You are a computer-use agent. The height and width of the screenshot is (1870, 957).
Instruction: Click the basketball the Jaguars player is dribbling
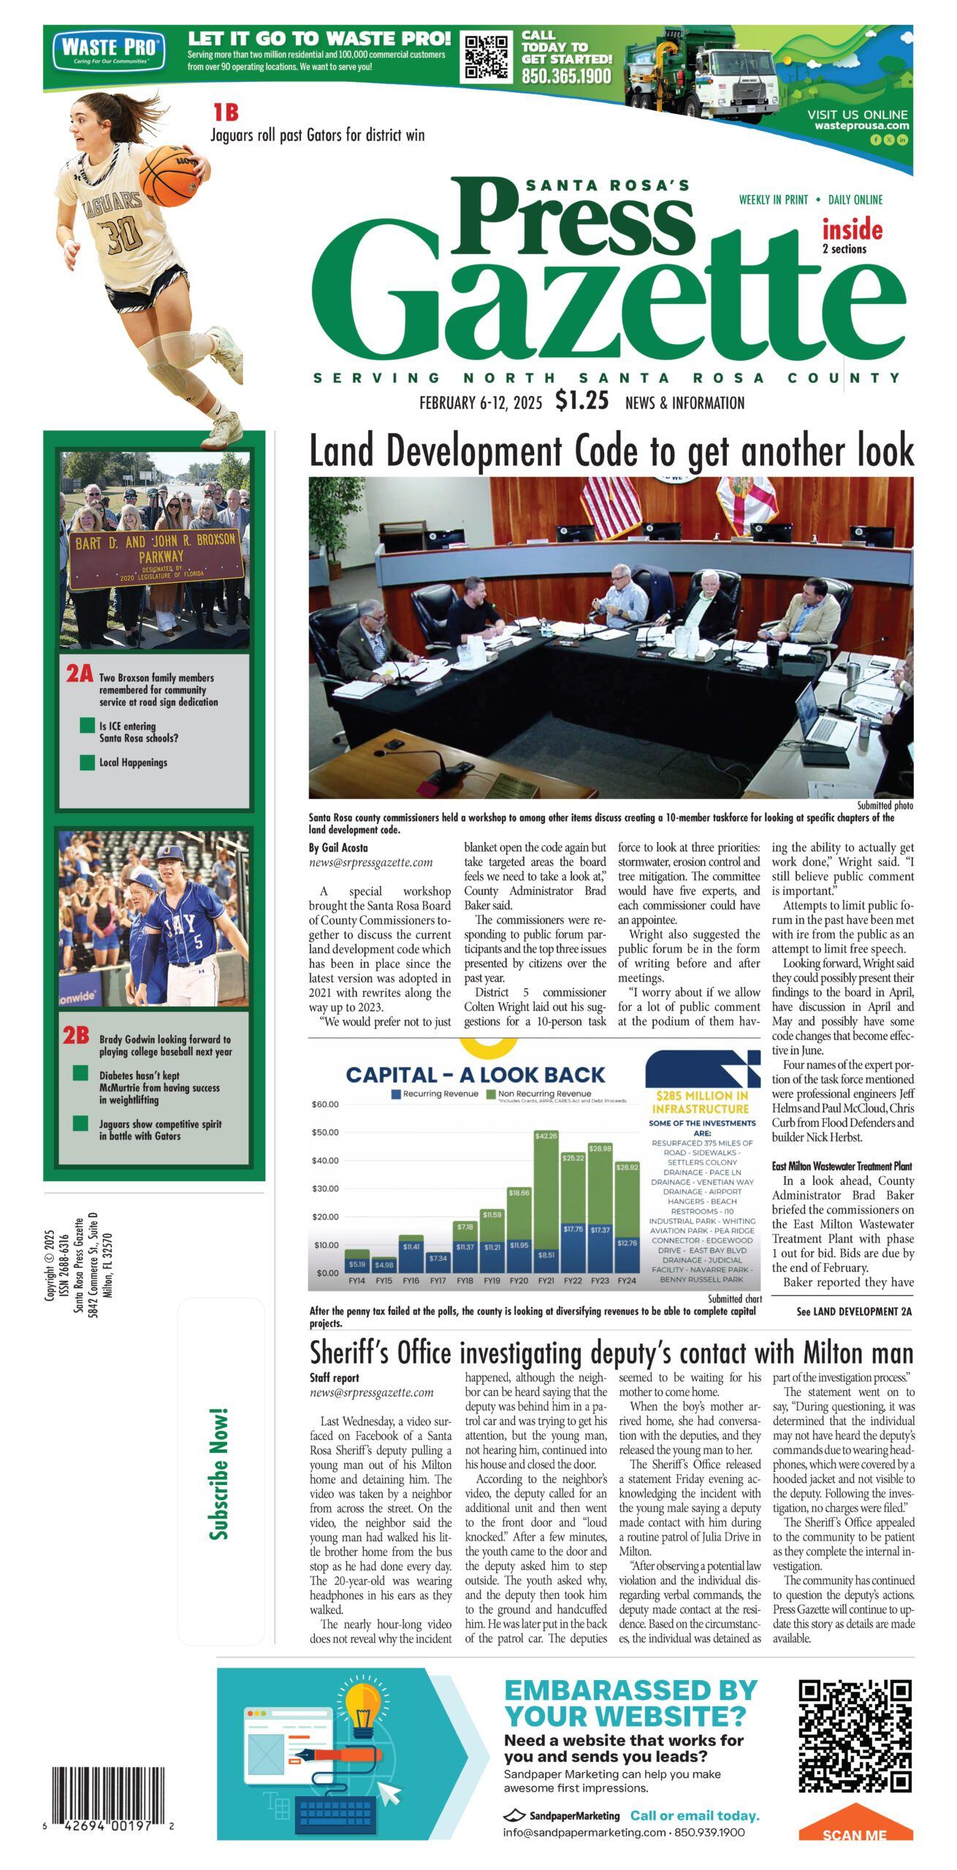coord(169,175)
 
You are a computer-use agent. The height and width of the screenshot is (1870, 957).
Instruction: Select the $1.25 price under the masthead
coord(582,401)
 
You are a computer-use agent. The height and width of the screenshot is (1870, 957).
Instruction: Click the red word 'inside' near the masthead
coord(853,230)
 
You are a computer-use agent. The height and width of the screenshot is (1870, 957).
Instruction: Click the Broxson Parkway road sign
coord(155,558)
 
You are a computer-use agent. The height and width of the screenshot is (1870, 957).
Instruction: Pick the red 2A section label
coord(79,673)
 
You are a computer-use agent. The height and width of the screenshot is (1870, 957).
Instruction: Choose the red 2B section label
coord(76,1035)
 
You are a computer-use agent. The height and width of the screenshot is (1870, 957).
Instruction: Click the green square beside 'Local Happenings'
coord(88,763)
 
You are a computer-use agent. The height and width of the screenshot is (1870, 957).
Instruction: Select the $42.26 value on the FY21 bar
coord(546,1136)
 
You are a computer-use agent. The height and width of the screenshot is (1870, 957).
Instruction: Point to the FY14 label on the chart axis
coord(357,1281)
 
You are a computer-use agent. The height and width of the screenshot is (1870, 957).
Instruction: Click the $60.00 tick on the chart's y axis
coord(325,1104)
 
